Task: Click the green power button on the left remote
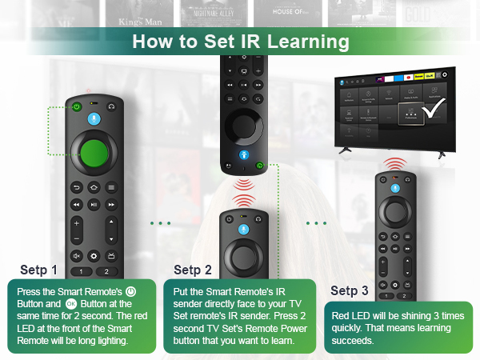[76, 106]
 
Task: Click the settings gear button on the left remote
[94, 256]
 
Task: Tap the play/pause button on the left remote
[94, 205]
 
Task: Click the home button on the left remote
[94, 186]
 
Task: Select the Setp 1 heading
[39, 270]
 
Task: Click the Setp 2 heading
[193, 270]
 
